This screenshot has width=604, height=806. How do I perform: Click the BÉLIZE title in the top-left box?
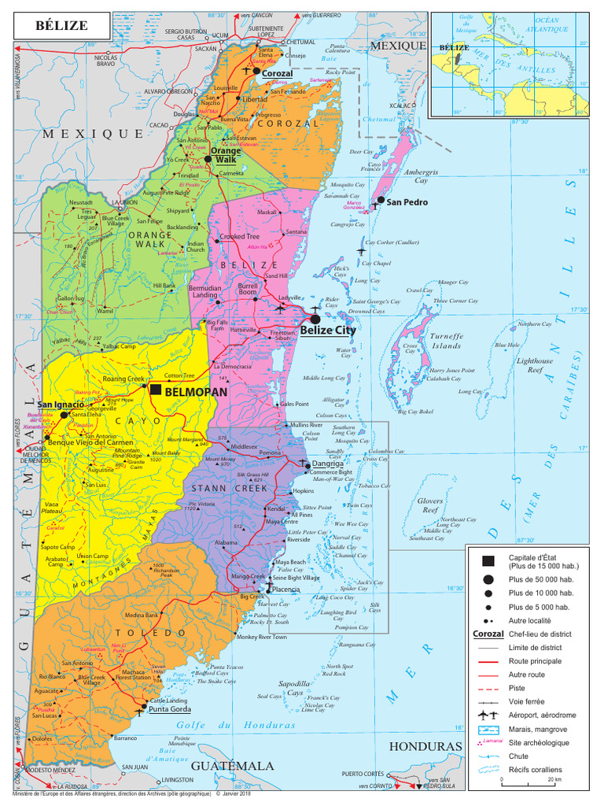[x=61, y=26]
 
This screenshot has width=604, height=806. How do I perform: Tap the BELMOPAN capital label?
[x=196, y=391]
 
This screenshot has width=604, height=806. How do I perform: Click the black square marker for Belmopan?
[x=157, y=390]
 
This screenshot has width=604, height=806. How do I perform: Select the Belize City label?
[x=328, y=331]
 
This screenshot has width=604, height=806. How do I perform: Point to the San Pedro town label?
[x=407, y=202]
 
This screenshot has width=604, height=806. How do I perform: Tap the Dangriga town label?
[x=328, y=464]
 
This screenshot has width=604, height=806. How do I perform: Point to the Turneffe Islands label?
[x=445, y=341]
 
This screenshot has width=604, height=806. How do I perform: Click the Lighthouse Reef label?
[x=535, y=364]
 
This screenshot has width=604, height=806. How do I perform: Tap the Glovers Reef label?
[x=429, y=505]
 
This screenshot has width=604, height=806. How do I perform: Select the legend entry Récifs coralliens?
[x=535, y=769]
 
